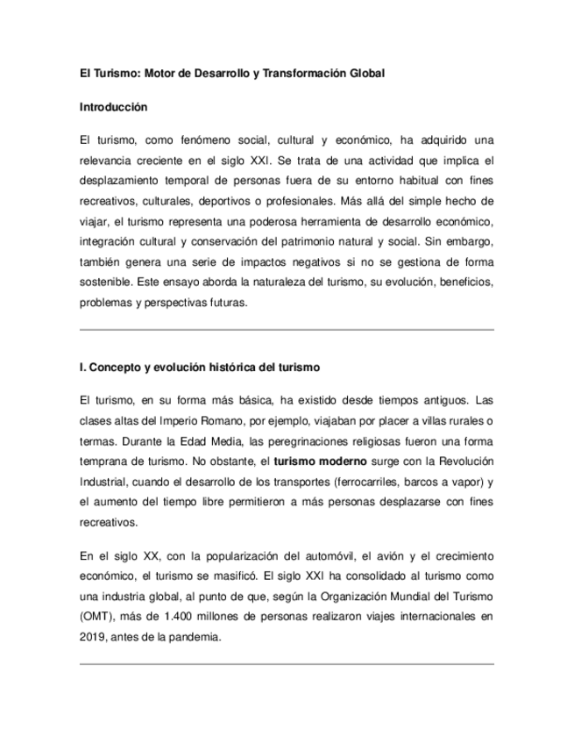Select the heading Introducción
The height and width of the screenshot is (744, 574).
113,107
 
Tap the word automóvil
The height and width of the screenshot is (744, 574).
306,556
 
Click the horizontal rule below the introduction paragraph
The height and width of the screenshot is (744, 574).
287,330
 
